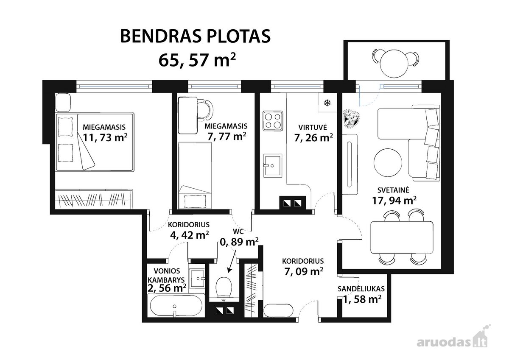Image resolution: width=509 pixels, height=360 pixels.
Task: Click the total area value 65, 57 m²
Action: coord(197,60)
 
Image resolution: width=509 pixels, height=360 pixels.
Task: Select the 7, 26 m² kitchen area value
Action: coord(313,137)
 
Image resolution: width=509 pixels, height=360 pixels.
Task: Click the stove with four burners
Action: coord(273,121)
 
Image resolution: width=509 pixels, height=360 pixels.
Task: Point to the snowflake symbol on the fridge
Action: coord(327,103)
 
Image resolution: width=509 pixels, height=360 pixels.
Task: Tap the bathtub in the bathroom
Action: coord(176,305)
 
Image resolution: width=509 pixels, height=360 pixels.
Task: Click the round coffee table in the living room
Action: coord(388,162)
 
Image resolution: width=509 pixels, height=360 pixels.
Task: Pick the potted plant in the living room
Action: coord(352,118)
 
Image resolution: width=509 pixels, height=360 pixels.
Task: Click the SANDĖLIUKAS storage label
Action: coord(361,289)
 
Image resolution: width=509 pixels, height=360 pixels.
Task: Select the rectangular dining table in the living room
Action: coord(402,238)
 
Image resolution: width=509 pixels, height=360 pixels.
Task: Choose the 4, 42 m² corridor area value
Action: coord(190,235)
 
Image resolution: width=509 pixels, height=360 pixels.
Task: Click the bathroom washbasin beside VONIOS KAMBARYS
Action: coord(198,278)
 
